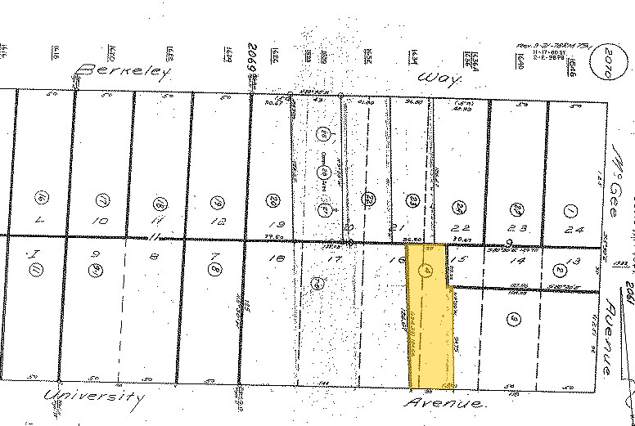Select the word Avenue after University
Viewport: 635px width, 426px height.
point(447,404)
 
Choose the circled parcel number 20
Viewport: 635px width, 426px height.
point(273,200)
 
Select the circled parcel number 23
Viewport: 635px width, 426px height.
point(414,200)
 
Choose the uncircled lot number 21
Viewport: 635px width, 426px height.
point(401,226)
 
